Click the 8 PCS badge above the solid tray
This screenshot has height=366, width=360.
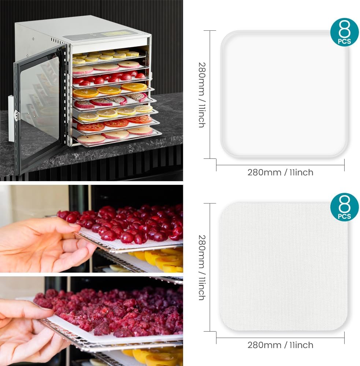coord(344,32)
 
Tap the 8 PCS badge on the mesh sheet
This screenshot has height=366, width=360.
coord(344,207)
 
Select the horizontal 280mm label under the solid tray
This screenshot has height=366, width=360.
coord(280,172)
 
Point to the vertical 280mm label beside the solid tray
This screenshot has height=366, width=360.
coord(202,94)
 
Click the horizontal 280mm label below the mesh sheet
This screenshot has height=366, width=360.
coord(280,345)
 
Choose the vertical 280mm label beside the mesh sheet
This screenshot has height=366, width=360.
coord(202,267)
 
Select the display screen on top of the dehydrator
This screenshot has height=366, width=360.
coord(117,33)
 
